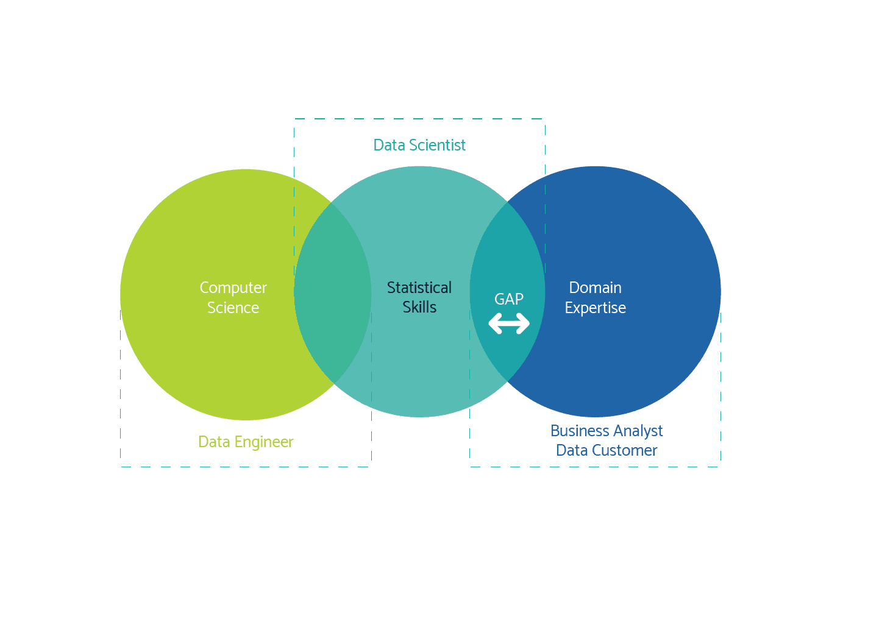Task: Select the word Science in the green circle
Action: tap(233, 308)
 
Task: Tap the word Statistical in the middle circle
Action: tap(419, 288)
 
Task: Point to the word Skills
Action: tap(419, 307)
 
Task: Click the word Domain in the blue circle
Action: tap(595, 288)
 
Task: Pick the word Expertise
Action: tap(595, 308)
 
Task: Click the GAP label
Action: tap(509, 299)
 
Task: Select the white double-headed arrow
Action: tap(509, 323)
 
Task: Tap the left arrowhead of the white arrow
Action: tap(496, 323)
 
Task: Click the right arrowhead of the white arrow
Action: tap(522, 323)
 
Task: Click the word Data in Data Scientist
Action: tap(389, 146)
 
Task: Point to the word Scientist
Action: tap(437, 146)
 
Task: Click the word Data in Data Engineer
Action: tap(214, 442)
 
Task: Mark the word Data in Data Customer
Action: tap(572, 451)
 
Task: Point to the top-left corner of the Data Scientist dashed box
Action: tap(294, 119)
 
